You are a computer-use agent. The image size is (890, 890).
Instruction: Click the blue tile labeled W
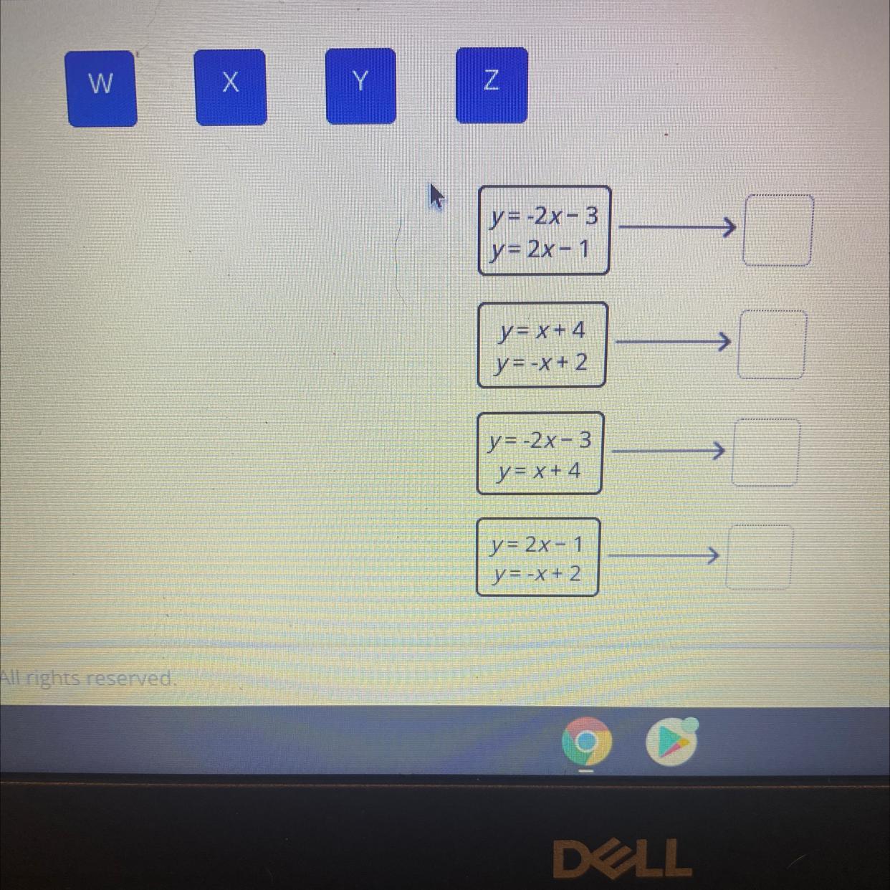101,88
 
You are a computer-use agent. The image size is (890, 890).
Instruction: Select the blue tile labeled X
230,87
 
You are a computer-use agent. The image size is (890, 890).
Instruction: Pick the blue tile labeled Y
360,85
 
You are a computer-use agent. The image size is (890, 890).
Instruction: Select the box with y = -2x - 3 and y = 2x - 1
544,231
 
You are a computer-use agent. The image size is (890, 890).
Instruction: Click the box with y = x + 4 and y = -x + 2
542,345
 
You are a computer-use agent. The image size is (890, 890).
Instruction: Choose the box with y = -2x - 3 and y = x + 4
540,454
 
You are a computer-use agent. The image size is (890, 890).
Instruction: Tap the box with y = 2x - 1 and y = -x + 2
537,558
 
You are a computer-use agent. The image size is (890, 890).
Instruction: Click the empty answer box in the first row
777,230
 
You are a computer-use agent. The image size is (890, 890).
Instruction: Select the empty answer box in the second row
772,344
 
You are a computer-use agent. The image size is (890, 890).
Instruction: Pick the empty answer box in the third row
765,453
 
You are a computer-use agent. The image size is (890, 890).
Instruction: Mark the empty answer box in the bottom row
760,557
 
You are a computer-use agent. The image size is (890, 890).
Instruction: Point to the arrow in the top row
676,228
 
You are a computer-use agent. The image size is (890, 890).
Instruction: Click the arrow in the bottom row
663,555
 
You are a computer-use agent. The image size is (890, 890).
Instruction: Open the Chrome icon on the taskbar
586,742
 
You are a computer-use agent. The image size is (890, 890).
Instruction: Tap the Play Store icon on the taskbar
671,742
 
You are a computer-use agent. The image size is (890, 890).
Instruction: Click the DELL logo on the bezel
622,858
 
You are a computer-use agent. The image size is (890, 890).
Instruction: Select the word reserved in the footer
135,678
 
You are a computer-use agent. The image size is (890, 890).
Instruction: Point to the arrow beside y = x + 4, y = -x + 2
673,342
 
